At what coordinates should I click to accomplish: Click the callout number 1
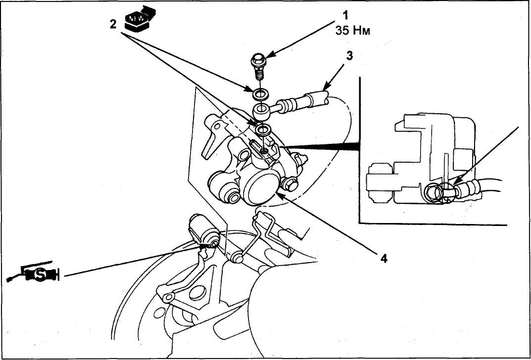coord(345,15)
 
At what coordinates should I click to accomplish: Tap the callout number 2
coord(113,24)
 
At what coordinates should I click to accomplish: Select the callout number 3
coord(349,55)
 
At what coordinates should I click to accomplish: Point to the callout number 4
coord(384,259)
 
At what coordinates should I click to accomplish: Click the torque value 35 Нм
coord(352,31)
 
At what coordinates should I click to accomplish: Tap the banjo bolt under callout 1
coord(259,67)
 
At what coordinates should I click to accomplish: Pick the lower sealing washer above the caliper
coord(263,129)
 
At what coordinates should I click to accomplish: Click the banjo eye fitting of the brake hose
coord(261,112)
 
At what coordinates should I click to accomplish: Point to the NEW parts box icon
coord(139,18)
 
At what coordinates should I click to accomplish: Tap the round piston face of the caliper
coord(263,187)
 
